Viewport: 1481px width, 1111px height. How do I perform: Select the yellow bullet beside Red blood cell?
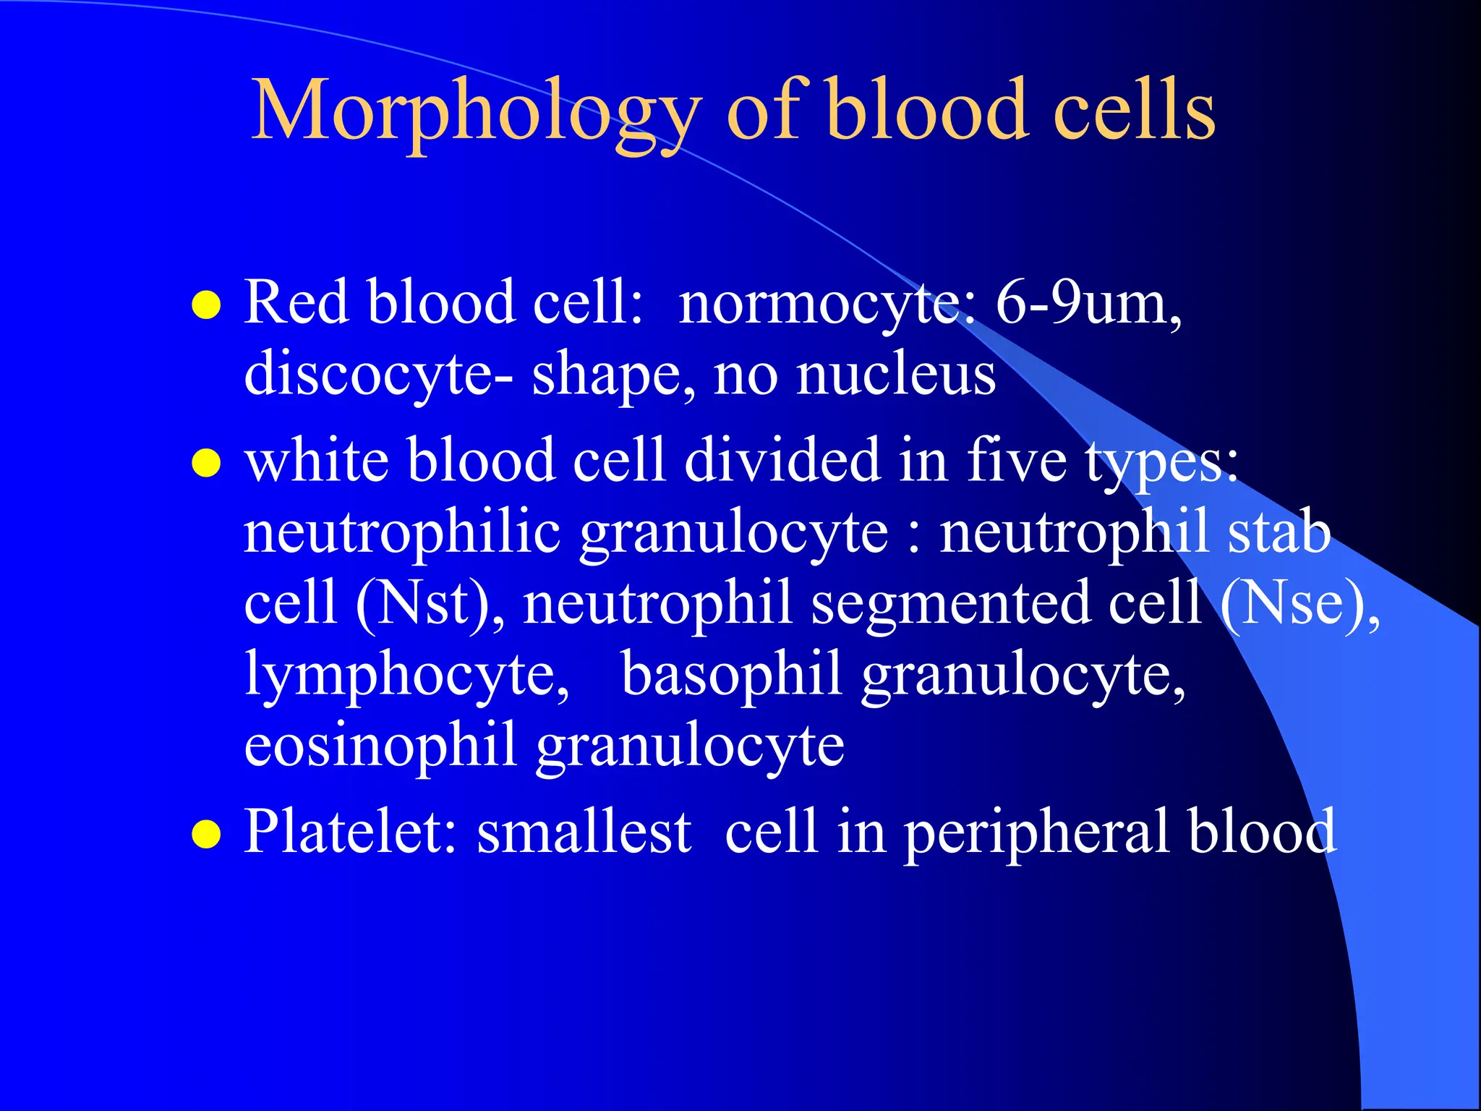[x=206, y=305]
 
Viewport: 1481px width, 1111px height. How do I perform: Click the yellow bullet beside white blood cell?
[x=206, y=464]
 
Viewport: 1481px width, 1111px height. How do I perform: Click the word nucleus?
[x=896, y=375]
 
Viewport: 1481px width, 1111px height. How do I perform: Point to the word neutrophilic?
[x=402, y=532]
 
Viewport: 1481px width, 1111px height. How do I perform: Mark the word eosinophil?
[x=380, y=745]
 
